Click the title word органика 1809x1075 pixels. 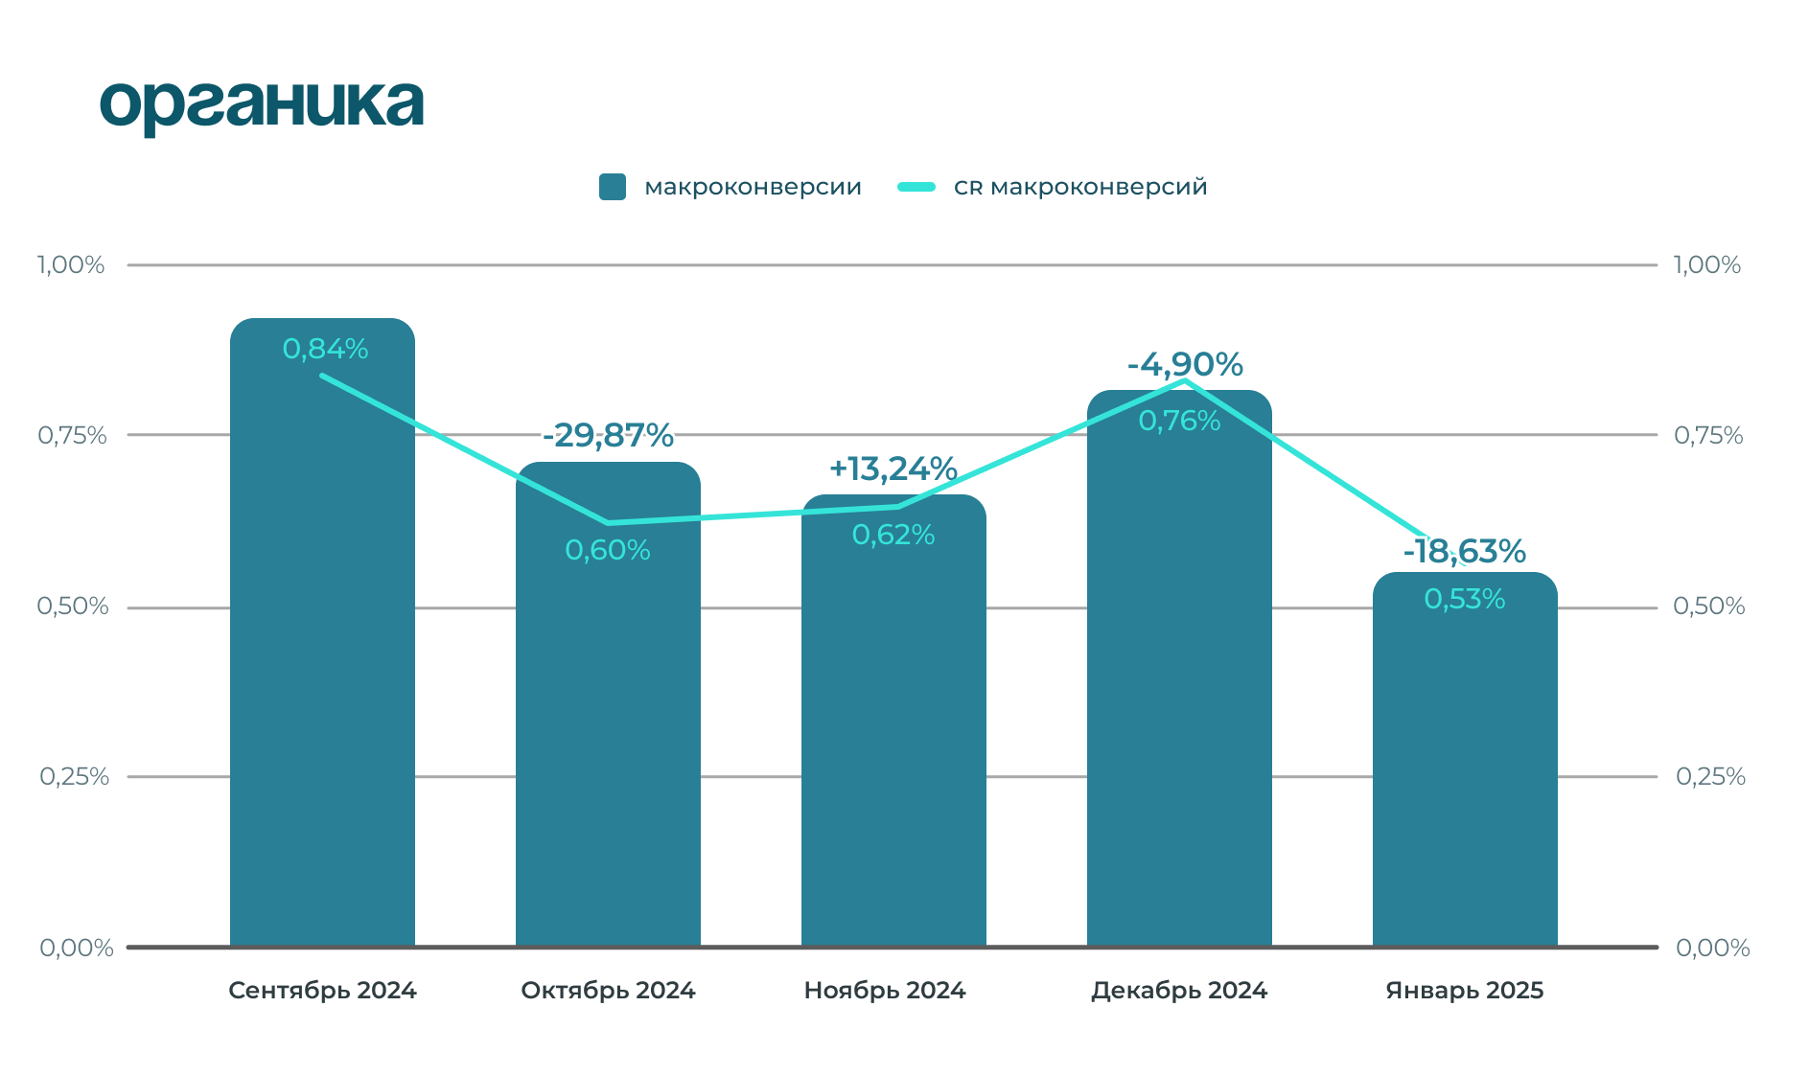(261, 104)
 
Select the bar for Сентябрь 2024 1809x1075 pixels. (322, 671)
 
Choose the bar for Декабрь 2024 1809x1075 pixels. (1179, 690)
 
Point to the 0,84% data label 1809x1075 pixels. (325, 349)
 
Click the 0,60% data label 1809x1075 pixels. (608, 550)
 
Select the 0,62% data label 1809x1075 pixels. (893, 535)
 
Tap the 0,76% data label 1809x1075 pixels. (1179, 421)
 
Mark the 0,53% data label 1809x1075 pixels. (1465, 599)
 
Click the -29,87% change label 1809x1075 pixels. (608, 435)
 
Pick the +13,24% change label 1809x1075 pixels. (893, 469)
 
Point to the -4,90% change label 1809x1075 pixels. (1185, 364)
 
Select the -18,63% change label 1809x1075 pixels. (1464, 551)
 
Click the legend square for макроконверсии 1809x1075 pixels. (613, 187)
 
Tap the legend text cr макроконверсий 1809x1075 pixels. (1080, 187)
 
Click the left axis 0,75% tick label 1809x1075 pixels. (72, 435)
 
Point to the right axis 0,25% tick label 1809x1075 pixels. (1710, 776)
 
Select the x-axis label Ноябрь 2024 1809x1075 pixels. (885, 990)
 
